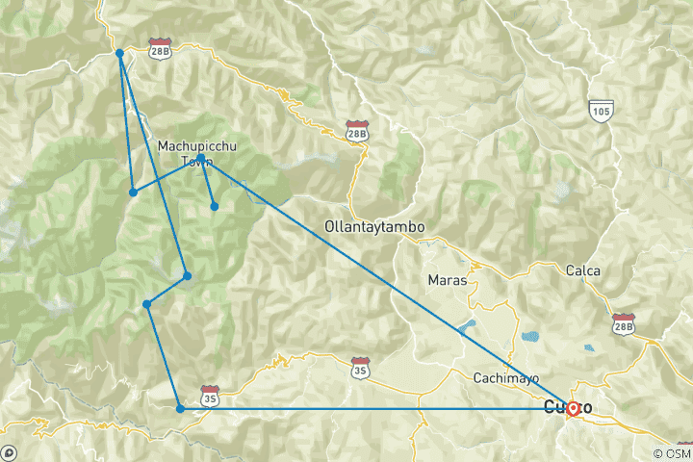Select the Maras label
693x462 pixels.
click(446, 280)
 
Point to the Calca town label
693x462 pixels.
click(583, 270)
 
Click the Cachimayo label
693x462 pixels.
click(504, 378)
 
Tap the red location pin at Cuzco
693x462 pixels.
click(573, 407)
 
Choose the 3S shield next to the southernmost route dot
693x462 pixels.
click(210, 397)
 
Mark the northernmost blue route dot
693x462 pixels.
click(119, 54)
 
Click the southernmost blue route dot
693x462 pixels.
click(180, 409)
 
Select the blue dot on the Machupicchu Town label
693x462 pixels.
click(200, 158)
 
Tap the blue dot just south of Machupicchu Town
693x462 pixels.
click(215, 206)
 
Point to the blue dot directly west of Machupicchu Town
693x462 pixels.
click(133, 192)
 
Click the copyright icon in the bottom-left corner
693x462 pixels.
click(10, 451)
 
